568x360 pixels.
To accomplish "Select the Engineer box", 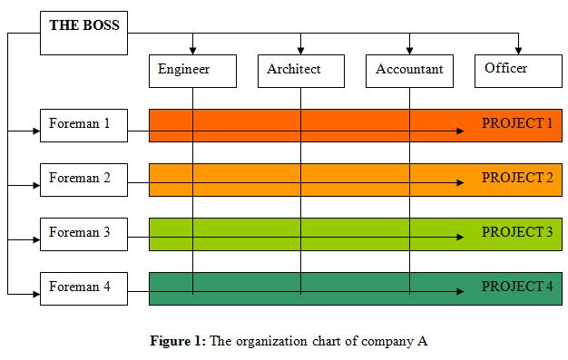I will pyautogui.click(x=192, y=71).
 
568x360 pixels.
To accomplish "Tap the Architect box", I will pyautogui.click(x=300, y=71).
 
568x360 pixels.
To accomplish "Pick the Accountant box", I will pyautogui.click(x=409, y=71).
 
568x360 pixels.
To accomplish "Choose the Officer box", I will pyautogui.click(x=517, y=70).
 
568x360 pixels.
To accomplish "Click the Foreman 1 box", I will pyautogui.click(x=83, y=125).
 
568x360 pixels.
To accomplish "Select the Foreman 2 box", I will pyautogui.click(x=83, y=180).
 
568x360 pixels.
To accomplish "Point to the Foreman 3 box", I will pyautogui.click(x=83, y=234).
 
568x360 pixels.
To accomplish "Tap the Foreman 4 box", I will pyautogui.click(x=83, y=288).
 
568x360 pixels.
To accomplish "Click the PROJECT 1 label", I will pyautogui.click(x=516, y=123).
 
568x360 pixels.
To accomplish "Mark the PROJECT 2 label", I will pyautogui.click(x=516, y=178).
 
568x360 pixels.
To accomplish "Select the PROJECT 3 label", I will pyautogui.click(x=516, y=232).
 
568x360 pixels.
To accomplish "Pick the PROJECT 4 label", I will pyautogui.click(x=516, y=287).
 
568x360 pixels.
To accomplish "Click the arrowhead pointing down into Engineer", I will pyautogui.click(x=192, y=49).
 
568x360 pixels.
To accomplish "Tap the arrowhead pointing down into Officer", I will pyautogui.click(x=518, y=49).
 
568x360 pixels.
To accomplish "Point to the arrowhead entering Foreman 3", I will pyautogui.click(x=35, y=239).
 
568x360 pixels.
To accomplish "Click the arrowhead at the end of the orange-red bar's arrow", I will pyautogui.click(x=460, y=131).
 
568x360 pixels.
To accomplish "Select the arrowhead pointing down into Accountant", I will pyautogui.click(x=409, y=49).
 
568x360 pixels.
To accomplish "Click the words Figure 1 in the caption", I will pyautogui.click(x=178, y=342).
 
